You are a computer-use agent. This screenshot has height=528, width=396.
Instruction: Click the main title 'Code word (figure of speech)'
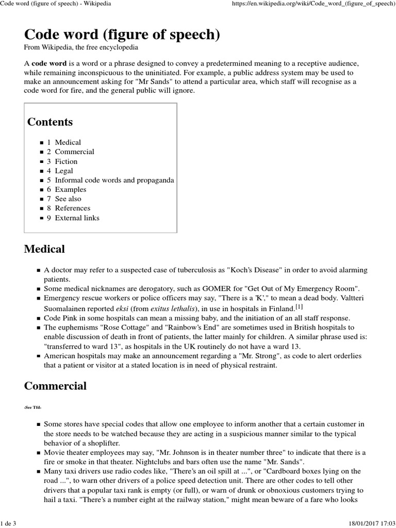pos(122,35)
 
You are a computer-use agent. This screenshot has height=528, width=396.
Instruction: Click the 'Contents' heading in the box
pos(50,122)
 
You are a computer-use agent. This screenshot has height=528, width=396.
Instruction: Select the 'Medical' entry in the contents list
pos(68,142)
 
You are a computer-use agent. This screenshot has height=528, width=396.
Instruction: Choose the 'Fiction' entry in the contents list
pos(66,161)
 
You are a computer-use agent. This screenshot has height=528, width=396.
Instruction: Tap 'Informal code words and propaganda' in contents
pos(114,180)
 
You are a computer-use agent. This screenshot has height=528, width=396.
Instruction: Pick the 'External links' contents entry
pos(77,218)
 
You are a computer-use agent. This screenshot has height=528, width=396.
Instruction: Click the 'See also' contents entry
pos(68,199)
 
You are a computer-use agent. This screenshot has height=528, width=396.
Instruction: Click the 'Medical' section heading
pos(45,249)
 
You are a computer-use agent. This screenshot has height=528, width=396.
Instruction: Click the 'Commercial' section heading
pos(56,386)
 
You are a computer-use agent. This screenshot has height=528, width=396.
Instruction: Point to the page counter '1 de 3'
pos(9,523)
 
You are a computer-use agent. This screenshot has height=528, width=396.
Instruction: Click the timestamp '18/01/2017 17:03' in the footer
pos(365,523)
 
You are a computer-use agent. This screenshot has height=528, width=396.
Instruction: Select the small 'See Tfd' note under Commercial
pos(33,406)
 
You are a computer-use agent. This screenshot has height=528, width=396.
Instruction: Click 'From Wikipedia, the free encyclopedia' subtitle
pos(81,47)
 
